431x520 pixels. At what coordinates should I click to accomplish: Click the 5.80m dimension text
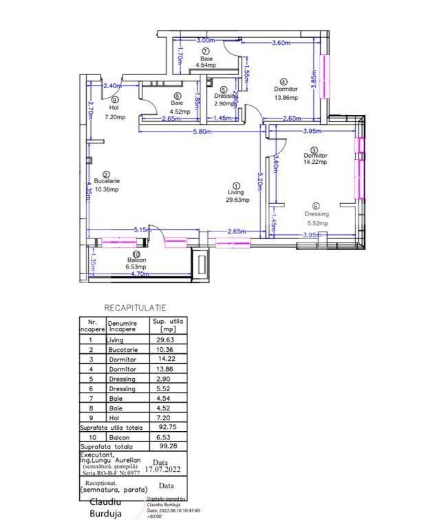(x=202, y=132)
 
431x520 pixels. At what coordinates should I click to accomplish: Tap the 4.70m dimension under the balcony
(x=140, y=274)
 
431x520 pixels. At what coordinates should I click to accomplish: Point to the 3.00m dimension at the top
(x=204, y=42)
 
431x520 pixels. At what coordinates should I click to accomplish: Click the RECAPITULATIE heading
(x=135, y=308)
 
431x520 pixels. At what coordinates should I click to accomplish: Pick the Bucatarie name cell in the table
(x=123, y=350)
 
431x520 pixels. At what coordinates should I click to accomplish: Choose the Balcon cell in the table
(x=118, y=437)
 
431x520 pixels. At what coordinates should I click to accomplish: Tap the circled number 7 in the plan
(x=206, y=52)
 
